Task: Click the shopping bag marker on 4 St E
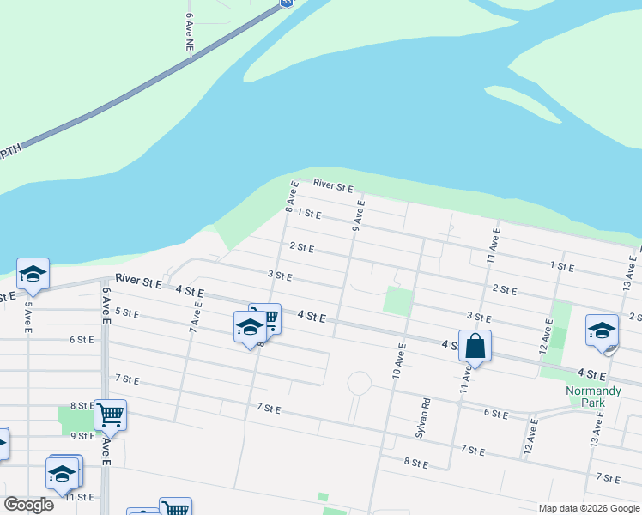(x=475, y=347)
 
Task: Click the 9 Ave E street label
(x=358, y=216)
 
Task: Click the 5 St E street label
(x=126, y=312)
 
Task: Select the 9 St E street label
(x=82, y=435)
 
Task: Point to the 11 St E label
(x=79, y=497)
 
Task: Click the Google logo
(x=28, y=505)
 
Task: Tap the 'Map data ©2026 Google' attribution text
(x=588, y=508)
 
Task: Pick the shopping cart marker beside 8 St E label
(x=110, y=415)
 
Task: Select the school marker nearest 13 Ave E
(x=602, y=330)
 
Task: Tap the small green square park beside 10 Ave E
(x=397, y=301)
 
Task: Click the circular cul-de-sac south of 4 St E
(x=359, y=383)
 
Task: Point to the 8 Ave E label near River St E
(x=292, y=197)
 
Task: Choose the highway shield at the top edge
(x=287, y=3)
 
